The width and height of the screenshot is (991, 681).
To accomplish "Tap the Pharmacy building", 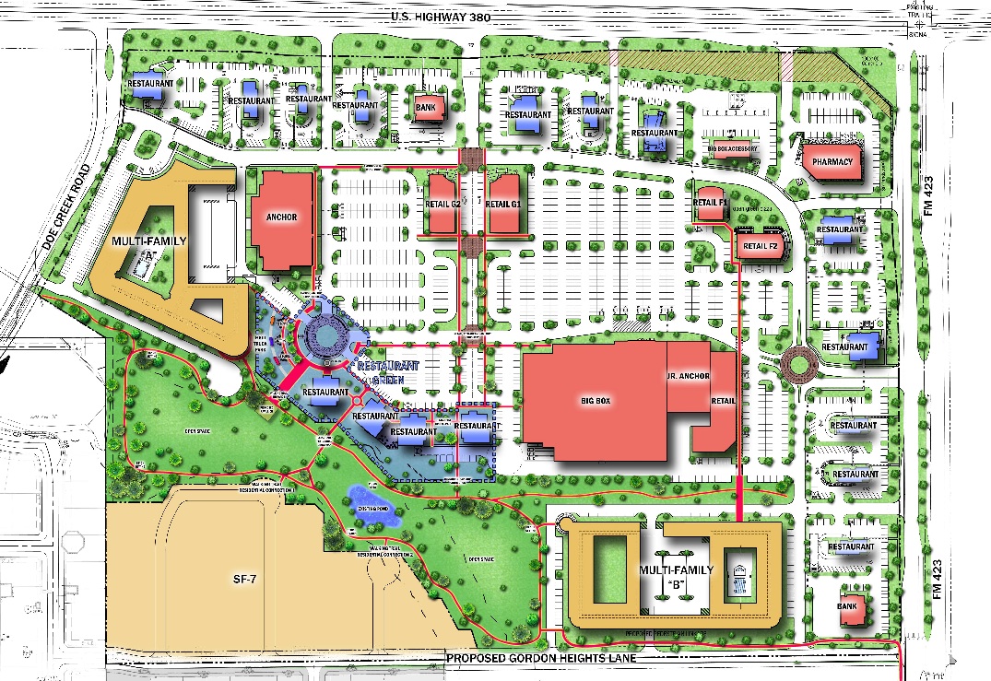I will (x=832, y=162).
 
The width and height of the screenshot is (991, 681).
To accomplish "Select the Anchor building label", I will (x=280, y=217).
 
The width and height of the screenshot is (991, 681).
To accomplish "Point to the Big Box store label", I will (x=596, y=402).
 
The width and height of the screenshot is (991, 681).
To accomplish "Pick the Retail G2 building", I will (x=442, y=203).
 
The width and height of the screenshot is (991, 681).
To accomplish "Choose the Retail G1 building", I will (x=503, y=203).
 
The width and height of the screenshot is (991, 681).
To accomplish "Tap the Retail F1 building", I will (x=711, y=202).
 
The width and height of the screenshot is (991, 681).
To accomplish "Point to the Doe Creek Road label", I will (x=65, y=217).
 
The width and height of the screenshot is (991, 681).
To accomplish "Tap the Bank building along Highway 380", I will (x=425, y=107).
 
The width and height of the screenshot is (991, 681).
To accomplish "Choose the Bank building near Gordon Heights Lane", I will (x=847, y=606).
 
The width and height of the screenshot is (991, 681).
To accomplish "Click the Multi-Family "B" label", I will (x=677, y=576).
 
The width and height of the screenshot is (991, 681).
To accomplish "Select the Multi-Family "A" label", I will (x=149, y=247).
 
